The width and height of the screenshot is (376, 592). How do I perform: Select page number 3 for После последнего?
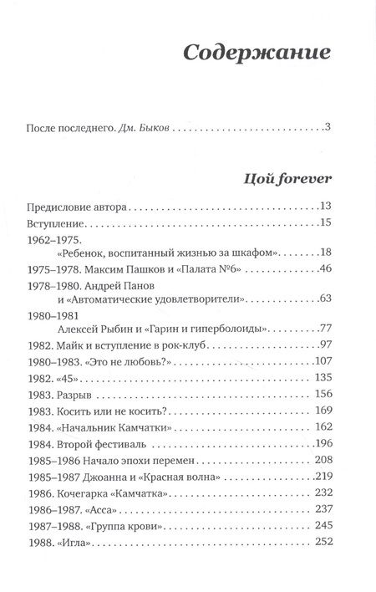[x=329, y=128]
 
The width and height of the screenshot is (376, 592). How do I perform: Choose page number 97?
[x=326, y=369]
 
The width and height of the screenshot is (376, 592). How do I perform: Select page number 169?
[x=323, y=436]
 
